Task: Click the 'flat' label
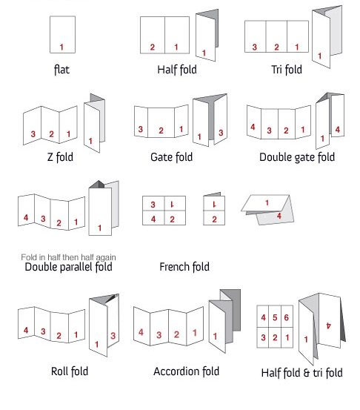61,70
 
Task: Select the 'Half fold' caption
177,70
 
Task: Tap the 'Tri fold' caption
287,70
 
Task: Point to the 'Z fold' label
60,157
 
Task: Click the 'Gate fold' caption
171,157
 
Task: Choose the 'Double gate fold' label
297,157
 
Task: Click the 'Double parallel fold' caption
68,267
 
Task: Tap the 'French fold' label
184,267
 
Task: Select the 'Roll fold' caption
70,371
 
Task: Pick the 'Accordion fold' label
186,371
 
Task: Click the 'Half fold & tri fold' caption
301,373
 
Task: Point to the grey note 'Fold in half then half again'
68,257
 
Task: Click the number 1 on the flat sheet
61,47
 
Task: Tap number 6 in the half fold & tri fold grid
287,317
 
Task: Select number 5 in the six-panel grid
275,317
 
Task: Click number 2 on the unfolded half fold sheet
153,47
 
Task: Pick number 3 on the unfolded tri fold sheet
255,47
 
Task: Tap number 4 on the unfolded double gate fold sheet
253,127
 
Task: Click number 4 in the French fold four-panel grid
153,219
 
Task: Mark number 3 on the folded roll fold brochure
113,335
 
